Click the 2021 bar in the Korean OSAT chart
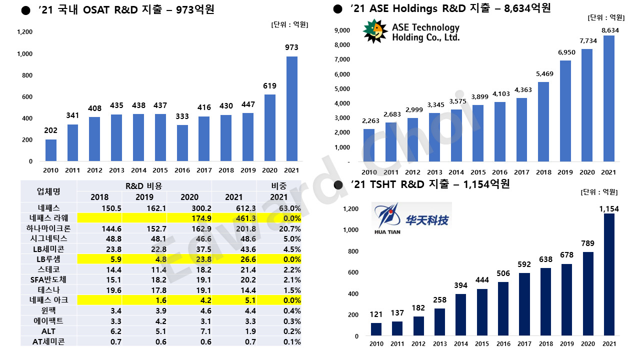pyautogui.click(x=291, y=109)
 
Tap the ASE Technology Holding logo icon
pyautogui.click(x=375, y=31)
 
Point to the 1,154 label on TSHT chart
pyautogui.click(x=608, y=208)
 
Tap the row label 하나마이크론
pyautogui.click(x=48, y=228)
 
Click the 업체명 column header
pyautogui.click(x=48, y=191)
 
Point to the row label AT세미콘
pyautogui.click(x=48, y=341)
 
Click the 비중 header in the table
pyautogui.click(x=279, y=186)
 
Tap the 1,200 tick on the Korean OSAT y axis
pyautogui.click(x=24, y=32)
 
